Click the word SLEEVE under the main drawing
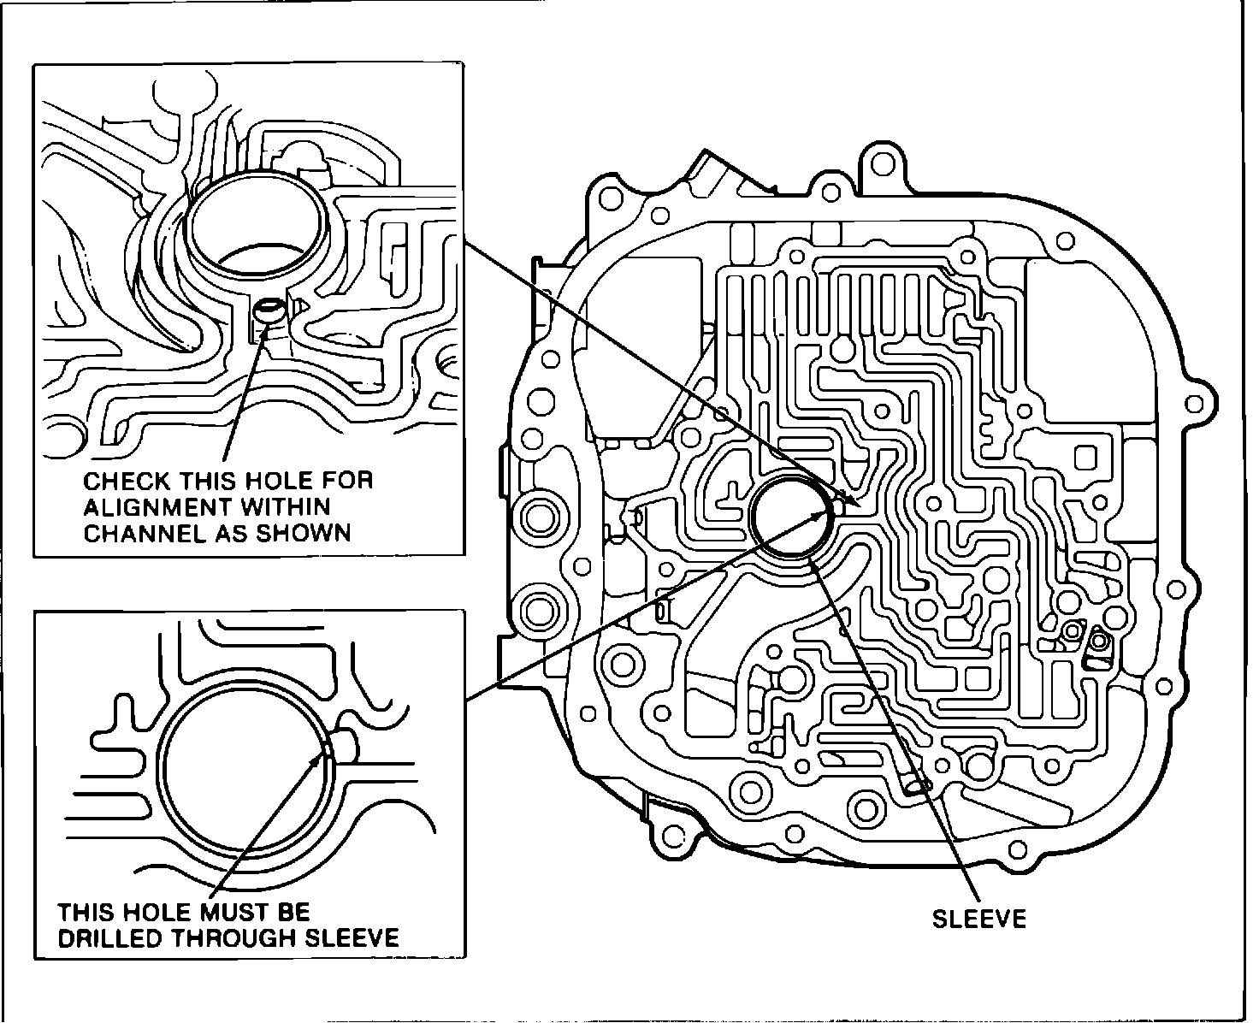coord(978,919)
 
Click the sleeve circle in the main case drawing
coord(789,518)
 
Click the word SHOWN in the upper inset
coord(310,533)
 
